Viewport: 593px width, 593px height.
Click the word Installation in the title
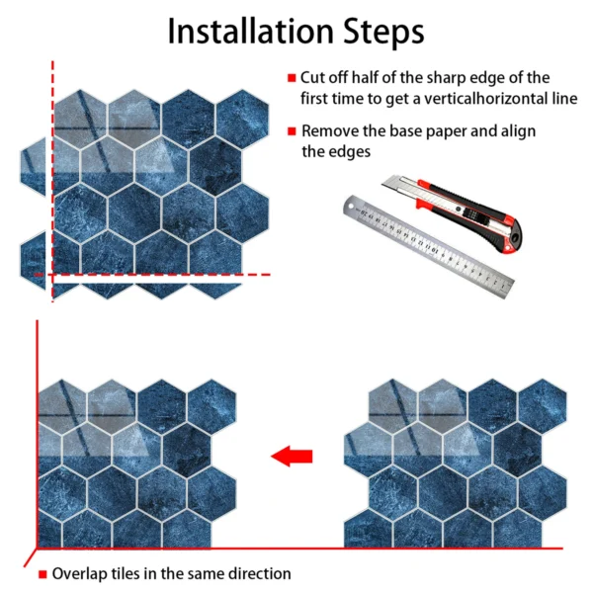pos(251,31)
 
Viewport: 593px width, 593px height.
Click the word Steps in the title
pos(383,33)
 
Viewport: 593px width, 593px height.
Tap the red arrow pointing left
pos(292,456)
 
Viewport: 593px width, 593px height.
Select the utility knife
pos(452,212)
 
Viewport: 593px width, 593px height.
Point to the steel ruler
pos(429,246)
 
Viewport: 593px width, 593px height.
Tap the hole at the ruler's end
pos(352,207)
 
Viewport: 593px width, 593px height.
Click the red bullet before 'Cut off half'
pos(292,78)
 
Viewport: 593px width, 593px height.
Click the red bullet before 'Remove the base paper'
pos(292,131)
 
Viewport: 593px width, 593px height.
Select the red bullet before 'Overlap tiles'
pos(42,574)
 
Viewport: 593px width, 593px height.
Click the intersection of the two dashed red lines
pos(52,275)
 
